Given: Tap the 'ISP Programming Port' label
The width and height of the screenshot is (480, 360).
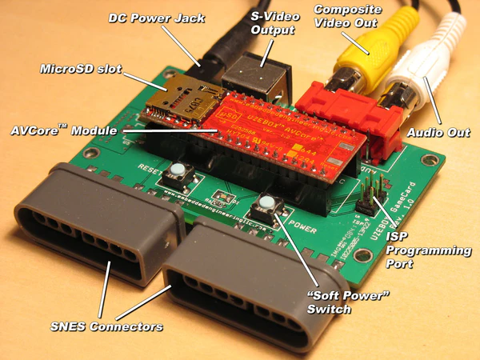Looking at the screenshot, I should point(429,250).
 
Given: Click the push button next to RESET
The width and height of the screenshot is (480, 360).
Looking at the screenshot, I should point(175,170).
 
